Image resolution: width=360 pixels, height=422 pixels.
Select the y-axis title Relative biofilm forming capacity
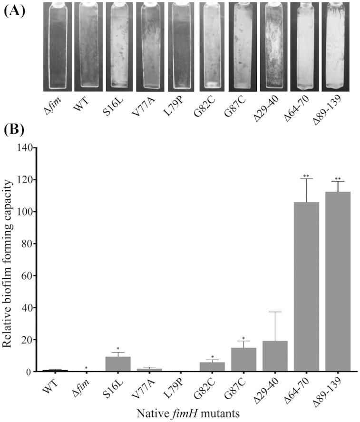(9, 259)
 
